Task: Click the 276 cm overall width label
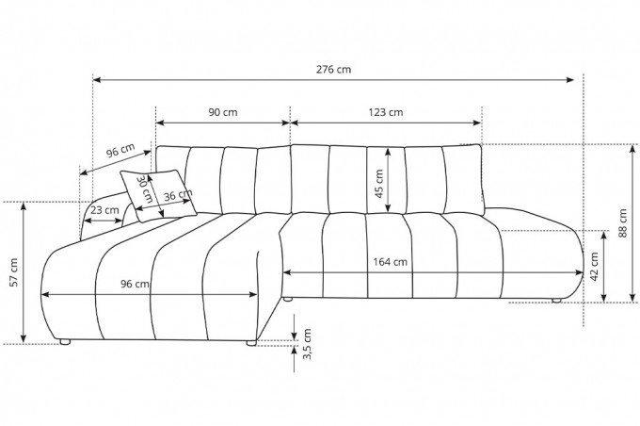pyautogui.click(x=333, y=70)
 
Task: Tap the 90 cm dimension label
pyautogui.click(x=223, y=112)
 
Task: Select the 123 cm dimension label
pyautogui.click(x=386, y=112)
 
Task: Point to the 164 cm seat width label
pyautogui.click(x=390, y=262)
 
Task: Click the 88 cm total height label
pyautogui.click(x=622, y=223)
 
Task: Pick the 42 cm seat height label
pyautogui.click(x=594, y=267)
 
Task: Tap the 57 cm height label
pyautogui.click(x=13, y=272)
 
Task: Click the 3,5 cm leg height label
pyautogui.click(x=308, y=344)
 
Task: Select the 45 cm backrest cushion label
pyautogui.click(x=378, y=184)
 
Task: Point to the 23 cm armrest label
pyautogui.click(x=104, y=210)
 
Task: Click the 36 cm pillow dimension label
pyautogui.click(x=178, y=195)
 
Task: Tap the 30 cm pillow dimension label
pyautogui.click(x=145, y=188)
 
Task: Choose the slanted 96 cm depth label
pyautogui.click(x=120, y=151)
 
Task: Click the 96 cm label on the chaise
pyautogui.click(x=135, y=284)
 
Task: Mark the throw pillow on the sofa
pyautogui.click(x=158, y=195)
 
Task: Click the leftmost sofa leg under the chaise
pyautogui.click(x=65, y=342)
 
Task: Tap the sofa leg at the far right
pyautogui.click(x=556, y=301)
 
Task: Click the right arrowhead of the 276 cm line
pyautogui.click(x=570, y=80)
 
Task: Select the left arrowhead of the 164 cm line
pyautogui.click(x=287, y=272)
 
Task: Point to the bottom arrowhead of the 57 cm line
pyautogui.click(x=24, y=338)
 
